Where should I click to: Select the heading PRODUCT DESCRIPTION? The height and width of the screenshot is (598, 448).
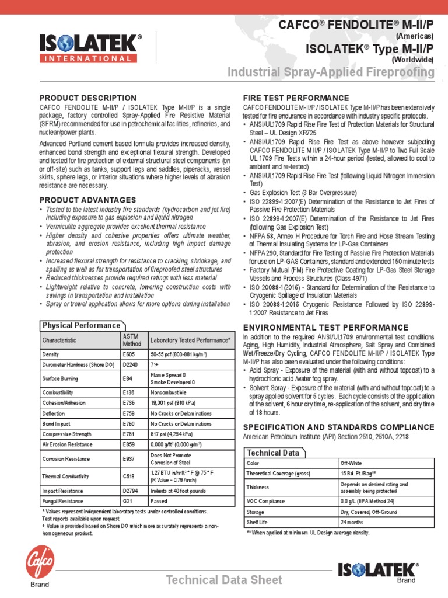click(x=87, y=98)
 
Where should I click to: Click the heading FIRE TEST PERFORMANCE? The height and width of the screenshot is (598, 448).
click(x=296, y=98)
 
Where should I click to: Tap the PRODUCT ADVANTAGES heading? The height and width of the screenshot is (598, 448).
click(x=87, y=200)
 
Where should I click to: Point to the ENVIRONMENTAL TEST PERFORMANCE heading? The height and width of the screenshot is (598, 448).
click(x=325, y=327)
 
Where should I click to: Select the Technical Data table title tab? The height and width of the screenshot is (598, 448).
click(x=273, y=453)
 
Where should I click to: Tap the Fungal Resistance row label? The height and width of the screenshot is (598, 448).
click(x=62, y=501)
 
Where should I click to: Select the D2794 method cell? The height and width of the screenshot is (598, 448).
click(x=130, y=491)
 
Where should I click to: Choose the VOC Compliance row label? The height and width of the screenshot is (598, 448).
click(x=265, y=501)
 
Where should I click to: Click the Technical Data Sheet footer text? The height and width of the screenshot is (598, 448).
click(x=224, y=580)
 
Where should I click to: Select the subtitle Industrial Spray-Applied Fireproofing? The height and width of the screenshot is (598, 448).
click(x=330, y=72)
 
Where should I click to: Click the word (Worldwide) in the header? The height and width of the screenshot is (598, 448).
click(x=412, y=60)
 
